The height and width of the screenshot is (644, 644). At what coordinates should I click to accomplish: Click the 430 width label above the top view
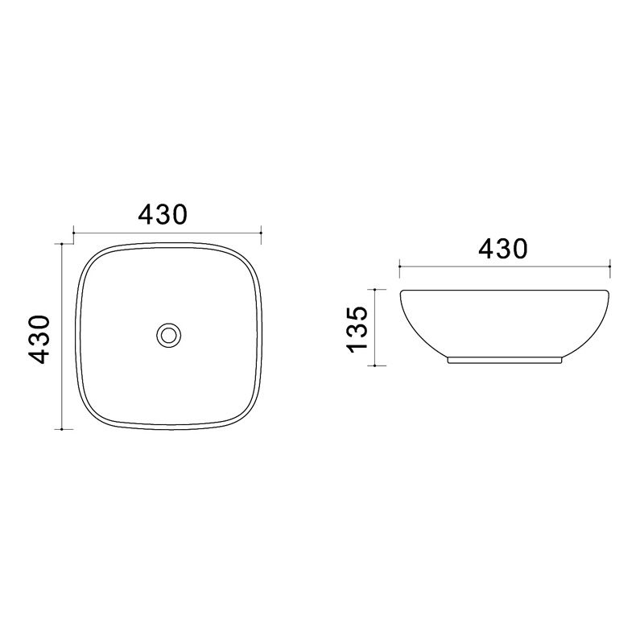point(163,214)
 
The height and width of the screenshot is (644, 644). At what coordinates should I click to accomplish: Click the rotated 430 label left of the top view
point(39,339)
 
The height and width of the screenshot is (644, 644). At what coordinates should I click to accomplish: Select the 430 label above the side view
point(503,249)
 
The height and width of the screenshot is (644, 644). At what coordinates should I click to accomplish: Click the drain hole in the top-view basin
point(169,335)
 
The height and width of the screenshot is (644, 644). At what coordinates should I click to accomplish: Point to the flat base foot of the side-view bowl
point(505,360)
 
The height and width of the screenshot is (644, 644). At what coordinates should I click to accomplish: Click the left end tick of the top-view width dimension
point(73,233)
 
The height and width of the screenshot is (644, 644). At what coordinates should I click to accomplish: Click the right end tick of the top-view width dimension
point(261,233)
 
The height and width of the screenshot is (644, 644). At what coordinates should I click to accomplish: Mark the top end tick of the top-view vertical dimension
point(62,244)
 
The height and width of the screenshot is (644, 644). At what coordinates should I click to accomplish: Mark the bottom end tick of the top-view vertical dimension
point(62,429)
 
